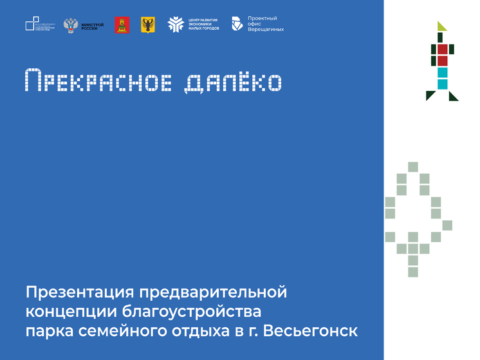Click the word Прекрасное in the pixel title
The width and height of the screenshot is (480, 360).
[x=96, y=81]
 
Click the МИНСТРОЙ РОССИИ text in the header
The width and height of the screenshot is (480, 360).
[x=92, y=25]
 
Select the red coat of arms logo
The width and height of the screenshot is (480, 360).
[x=119, y=25]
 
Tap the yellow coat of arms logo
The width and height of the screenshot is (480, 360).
[x=147, y=25]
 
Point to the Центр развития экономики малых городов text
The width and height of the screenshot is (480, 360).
[x=203, y=25]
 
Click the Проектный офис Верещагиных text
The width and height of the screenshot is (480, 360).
[x=265, y=25]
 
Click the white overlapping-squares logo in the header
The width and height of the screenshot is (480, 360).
[x=32, y=24]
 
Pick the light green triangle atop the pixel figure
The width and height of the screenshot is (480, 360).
[x=441, y=26]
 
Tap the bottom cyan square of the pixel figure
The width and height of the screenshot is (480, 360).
[x=442, y=84]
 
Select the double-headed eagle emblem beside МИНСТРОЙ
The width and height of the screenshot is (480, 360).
[x=69, y=26]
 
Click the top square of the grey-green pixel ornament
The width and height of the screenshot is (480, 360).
[x=412, y=166]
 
